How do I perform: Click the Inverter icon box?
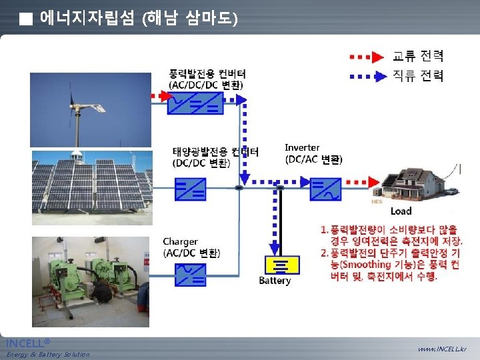[326, 189]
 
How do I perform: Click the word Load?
[401, 211]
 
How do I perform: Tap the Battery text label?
[275, 281]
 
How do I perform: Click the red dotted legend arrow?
[367, 57]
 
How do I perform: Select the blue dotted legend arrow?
[367, 75]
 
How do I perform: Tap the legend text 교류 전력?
[418, 57]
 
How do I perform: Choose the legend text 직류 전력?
[418, 75]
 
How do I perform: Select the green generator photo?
[91, 280]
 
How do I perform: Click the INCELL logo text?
[27, 343]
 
